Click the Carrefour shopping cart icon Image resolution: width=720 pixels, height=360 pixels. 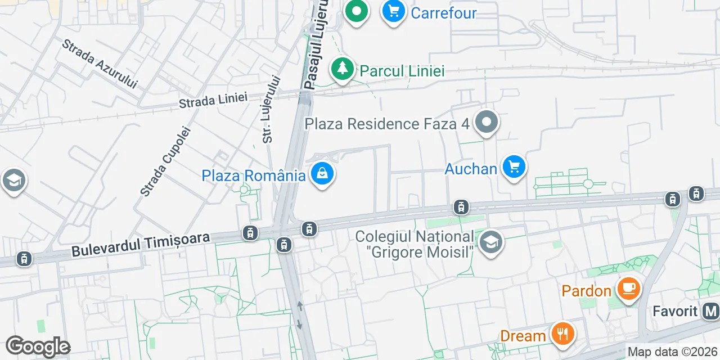point(394,11)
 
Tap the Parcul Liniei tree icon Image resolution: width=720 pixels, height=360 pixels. point(342,69)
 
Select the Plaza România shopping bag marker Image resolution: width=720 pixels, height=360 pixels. point(322,174)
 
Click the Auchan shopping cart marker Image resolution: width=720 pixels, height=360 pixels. point(514,167)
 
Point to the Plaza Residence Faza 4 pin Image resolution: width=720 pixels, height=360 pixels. point(487,122)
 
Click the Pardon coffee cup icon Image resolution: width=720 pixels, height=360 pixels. point(628,289)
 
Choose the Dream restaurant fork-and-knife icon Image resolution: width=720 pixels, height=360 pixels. point(561,334)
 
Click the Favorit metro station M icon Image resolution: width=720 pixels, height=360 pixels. point(711,311)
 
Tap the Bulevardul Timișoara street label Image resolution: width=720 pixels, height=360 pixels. point(141,245)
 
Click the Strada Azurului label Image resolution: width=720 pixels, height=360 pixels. point(100,64)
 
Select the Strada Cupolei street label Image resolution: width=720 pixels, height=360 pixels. point(166,161)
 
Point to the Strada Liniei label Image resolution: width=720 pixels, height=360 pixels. point(213,100)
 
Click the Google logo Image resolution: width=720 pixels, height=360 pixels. point(38,346)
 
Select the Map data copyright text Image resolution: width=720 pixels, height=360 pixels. point(673,352)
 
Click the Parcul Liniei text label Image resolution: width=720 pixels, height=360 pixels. point(402,71)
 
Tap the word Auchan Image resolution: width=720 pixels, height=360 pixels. point(471,169)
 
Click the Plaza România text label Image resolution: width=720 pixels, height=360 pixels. point(254,175)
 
